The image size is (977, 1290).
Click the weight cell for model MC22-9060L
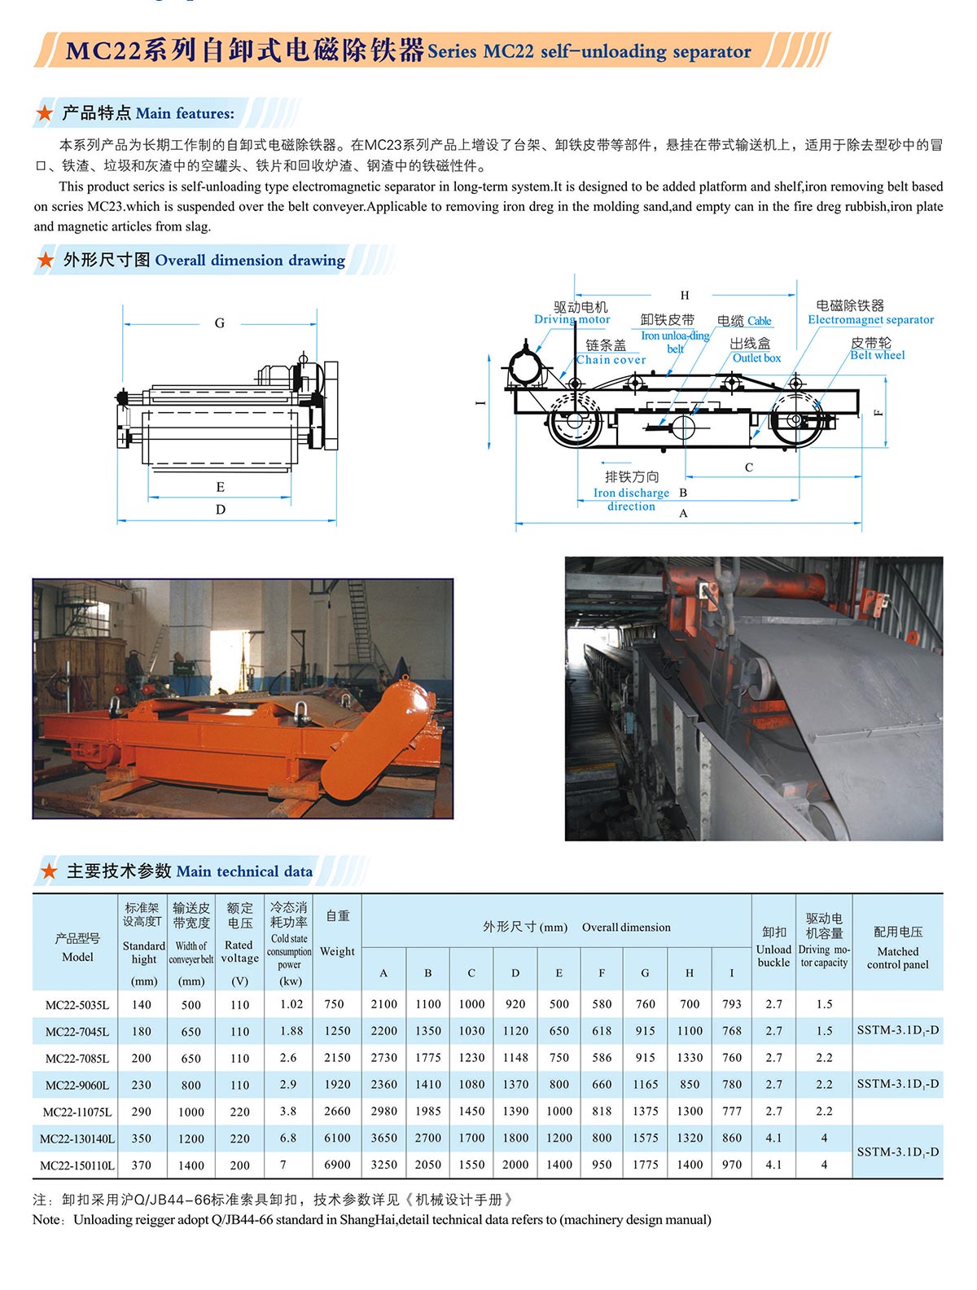(x=337, y=1085)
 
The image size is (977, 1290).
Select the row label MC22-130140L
(x=77, y=1139)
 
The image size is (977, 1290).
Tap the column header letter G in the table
(x=645, y=972)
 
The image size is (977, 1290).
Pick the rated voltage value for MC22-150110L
(x=239, y=1165)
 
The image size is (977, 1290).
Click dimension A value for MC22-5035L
(x=383, y=1004)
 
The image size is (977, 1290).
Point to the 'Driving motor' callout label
(x=572, y=319)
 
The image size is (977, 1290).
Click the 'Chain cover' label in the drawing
(x=611, y=359)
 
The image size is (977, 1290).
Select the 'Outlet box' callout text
(x=756, y=358)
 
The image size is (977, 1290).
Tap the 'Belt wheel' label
(x=877, y=355)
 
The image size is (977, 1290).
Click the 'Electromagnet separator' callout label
(x=870, y=319)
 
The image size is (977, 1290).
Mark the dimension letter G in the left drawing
(x=219, y=323)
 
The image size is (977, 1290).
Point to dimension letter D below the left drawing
(x=221, y=510)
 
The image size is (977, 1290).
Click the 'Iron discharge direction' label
(x=631, y=498)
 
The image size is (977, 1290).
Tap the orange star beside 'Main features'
(x=45, y=113)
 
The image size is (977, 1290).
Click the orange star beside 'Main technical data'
(x=49, y=871)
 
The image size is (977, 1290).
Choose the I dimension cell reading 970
(x=731, y=1165)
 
